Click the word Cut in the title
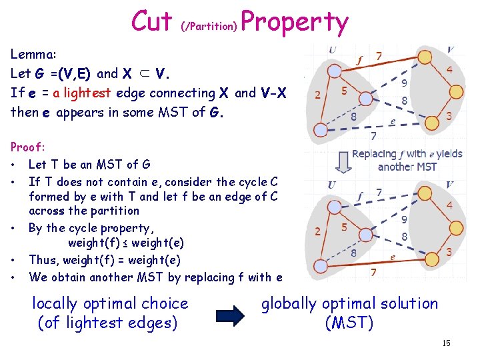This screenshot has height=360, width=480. click(x=152, y=21)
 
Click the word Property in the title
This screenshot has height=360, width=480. click(x=295, y=23)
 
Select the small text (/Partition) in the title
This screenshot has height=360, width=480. click(x=209, y=27)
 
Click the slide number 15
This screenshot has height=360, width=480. click(x=446, y=343)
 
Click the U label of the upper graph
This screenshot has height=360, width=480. click(x=331, y=50)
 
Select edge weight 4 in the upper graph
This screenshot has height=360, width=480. click(x=450, y=70)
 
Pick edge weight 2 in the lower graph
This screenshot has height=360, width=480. click(x=318, y=232)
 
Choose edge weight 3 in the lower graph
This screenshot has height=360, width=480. click(x=449, y=253)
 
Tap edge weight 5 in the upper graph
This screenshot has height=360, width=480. click(x=345, y=91)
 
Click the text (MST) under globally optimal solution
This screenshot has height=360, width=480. click(x=349, y=323)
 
